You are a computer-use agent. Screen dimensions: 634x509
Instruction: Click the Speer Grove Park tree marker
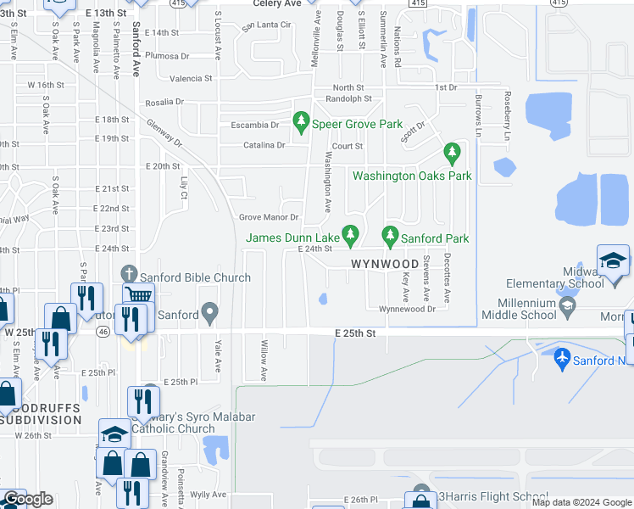[300, 124]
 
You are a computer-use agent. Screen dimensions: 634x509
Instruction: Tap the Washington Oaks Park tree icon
[452, 154]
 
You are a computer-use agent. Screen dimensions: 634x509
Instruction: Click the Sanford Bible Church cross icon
[129, 273]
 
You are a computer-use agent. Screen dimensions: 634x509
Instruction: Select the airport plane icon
[560, 358]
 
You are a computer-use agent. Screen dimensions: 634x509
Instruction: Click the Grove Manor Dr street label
[270, 218]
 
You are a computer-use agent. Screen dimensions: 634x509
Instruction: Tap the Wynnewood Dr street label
[407, 309]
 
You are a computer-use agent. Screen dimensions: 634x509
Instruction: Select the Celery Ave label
[277, 3]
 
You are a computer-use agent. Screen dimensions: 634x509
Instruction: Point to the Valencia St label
[191, 78]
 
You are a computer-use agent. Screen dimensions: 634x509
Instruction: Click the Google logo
[28, 499]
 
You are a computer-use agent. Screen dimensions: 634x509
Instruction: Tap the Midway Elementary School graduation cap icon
[613, 260]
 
